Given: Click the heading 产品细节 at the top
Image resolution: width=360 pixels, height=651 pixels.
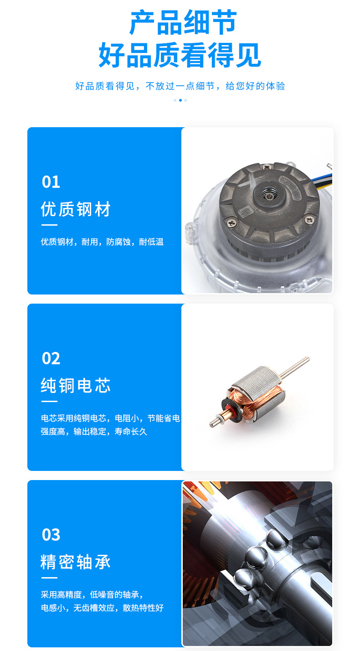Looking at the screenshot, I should [x=183, y=23].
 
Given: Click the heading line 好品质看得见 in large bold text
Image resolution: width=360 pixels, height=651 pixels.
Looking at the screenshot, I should [x=180, y=55].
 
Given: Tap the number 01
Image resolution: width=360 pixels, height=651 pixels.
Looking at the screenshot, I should [x=51, y=182].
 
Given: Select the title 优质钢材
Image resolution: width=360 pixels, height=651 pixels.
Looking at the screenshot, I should [x=76, y=209].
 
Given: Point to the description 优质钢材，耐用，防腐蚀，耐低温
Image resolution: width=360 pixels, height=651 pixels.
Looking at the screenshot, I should [x=102, y=242].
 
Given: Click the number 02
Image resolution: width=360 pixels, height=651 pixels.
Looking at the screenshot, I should [x=51, y=358].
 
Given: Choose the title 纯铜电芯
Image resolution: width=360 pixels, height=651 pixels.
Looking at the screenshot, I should [x=76, y=386].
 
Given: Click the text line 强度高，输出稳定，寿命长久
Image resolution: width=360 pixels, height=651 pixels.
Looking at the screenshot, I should [x=94, y=431].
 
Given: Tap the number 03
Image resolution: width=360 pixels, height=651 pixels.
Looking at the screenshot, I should [x=51, y=535].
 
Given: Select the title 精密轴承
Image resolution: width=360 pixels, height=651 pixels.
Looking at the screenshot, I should [x=76, y=562].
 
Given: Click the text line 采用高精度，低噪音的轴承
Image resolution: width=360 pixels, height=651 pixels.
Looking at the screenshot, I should [x=92, y=594].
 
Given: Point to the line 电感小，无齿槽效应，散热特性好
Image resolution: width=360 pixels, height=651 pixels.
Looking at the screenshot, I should [x=102, y=608].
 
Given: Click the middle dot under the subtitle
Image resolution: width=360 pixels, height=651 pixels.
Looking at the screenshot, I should [x=180, y=100].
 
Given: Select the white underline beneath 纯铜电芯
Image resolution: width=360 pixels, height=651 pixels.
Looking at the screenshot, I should [x=49, y=402].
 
